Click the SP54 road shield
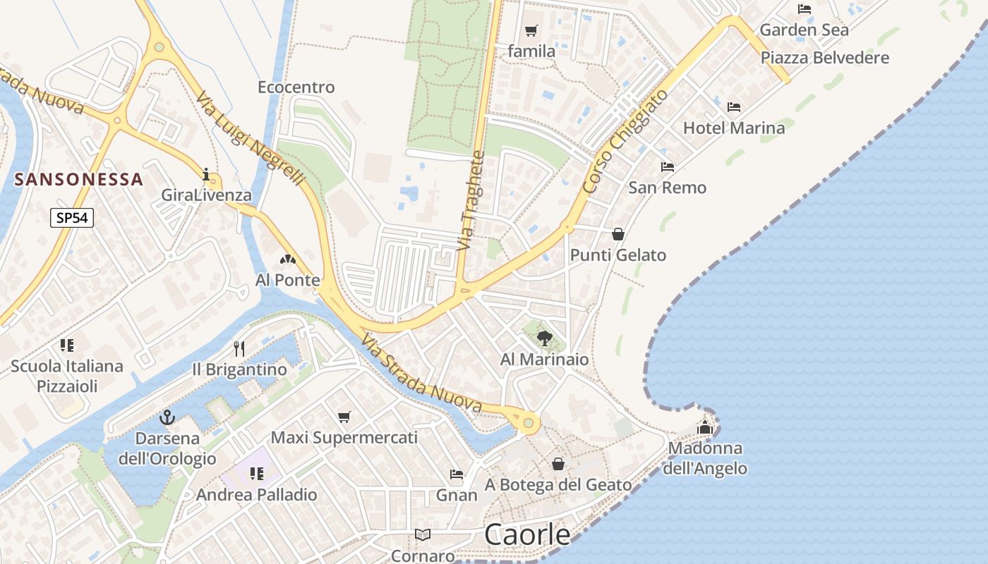[72, 218]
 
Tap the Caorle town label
[527, 535]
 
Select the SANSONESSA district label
[79, 179]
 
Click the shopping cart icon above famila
[531, 30]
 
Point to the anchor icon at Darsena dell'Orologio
[167, 417]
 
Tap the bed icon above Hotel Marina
[734, 107]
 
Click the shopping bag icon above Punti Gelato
[618, 234]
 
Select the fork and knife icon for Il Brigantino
[239, 348]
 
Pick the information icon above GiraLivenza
[206, 174]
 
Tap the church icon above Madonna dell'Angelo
[705, 427]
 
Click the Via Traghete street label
[471, 201]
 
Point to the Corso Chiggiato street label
[627, 141]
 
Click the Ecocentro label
[296, 87]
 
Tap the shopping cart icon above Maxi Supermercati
[344, 417]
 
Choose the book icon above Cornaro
[423, 534]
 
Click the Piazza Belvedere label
[824, 58]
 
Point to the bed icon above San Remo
[667, 167]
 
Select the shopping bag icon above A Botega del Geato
[558, 464]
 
